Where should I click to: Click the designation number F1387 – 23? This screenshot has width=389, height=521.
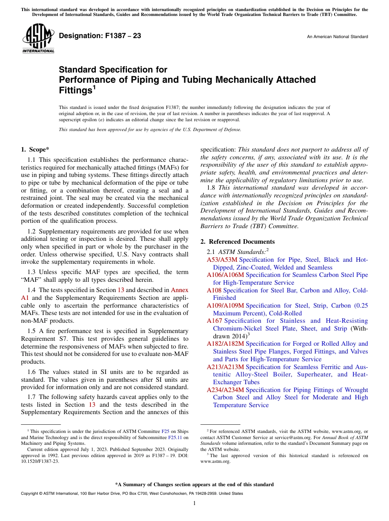pos(100,36)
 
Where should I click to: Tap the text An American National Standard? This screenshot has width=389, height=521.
pos(337,37)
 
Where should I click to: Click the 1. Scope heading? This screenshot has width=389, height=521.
pos(36,150)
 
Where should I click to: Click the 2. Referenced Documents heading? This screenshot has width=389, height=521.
pos(237,242)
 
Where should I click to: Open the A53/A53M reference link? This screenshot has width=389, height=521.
pos(222,260)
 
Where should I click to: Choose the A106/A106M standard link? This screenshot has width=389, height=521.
pos(225,275)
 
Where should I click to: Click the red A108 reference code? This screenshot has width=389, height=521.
pos(214,290)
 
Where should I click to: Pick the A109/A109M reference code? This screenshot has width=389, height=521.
pos(225,306)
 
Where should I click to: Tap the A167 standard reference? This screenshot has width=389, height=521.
pos(214,321)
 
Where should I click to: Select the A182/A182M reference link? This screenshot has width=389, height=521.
pos(225,344)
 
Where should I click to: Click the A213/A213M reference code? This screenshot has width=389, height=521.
pos(225,367)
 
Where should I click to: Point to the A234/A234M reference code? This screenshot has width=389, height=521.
pos(225,390)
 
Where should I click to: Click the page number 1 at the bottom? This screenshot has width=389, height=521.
pos(194,503)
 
